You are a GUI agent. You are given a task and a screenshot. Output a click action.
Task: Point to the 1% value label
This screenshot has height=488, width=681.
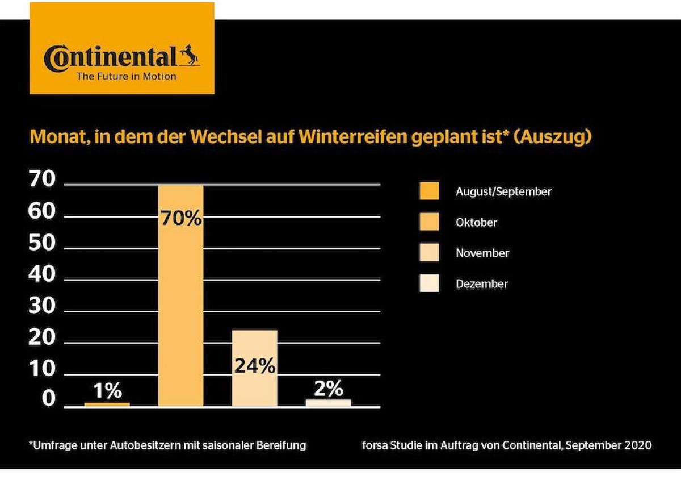coord(107,391)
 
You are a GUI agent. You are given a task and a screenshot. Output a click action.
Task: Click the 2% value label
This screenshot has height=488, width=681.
coord(329,389)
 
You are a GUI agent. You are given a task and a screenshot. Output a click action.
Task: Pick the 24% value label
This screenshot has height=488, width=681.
coord(255,366)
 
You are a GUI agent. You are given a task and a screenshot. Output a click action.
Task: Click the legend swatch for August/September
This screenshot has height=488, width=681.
coord(430,191)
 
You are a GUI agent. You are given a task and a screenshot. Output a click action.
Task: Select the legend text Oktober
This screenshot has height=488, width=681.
coord(476,223)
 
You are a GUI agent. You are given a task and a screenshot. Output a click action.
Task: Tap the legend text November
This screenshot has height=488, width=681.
coord(482,253)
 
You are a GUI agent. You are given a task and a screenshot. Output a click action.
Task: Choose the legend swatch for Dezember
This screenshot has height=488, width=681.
coord(430,283)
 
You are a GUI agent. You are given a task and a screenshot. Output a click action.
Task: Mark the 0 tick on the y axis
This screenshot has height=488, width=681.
coord(49,399)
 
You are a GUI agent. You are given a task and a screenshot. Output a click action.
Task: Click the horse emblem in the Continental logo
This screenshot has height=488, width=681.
coord(188,56)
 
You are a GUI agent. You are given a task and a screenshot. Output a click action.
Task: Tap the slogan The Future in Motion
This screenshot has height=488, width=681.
coord(126,77)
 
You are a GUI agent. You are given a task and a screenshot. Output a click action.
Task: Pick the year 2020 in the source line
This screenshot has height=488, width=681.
coord(638,445)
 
